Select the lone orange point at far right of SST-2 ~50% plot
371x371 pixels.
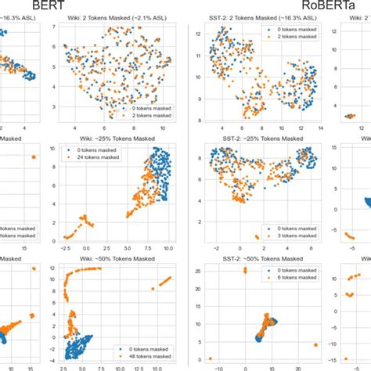point(315,344)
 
